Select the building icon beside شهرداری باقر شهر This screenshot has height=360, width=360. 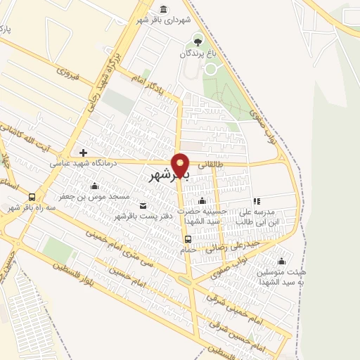pos(164,9)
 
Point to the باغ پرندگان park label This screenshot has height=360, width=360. pos(196,53)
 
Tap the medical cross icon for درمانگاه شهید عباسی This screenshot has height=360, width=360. pos(83,152)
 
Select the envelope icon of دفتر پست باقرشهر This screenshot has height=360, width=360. pos(143,205)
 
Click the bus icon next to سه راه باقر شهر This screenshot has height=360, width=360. pos(32,198)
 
